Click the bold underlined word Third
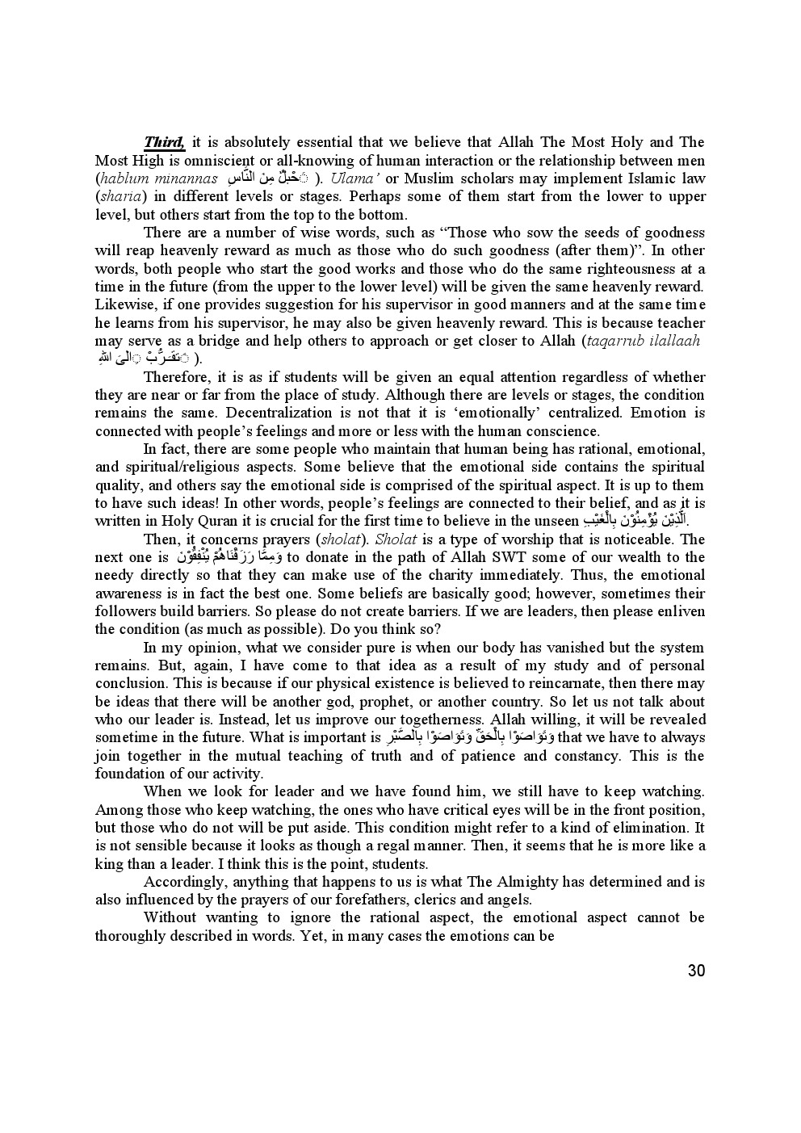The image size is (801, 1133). click(x=165, y=143)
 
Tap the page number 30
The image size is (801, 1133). click(x=696, y=971)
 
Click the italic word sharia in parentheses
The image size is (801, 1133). click(x=119, y=196)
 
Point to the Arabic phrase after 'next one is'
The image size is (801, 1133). click(x=229, y=556)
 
